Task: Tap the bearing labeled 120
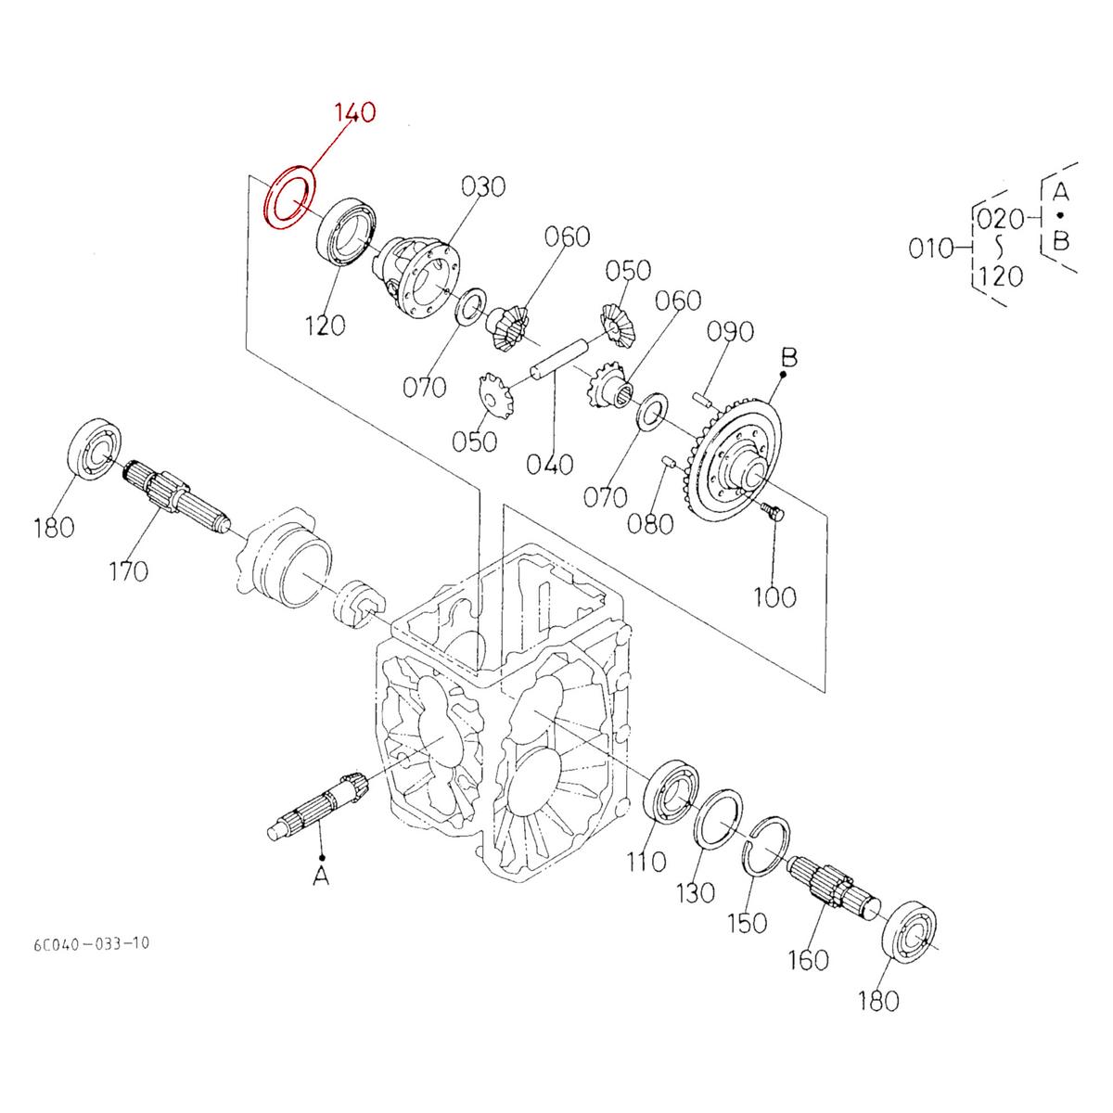tap(348, 232)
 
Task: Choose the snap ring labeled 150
tap(768, 844)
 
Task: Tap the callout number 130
tap(696, 892)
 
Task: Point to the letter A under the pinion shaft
tap(321, 875)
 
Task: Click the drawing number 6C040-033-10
tap(89, 944)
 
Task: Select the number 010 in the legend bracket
tap(932, 248)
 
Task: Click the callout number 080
tap(649, 524)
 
